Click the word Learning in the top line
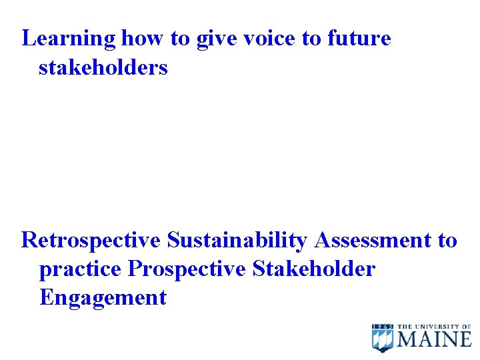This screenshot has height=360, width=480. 69,39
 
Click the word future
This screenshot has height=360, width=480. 359,39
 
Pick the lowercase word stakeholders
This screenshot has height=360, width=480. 103,67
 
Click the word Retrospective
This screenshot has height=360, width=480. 91,240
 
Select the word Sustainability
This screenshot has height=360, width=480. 237,240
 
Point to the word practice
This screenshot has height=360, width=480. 80,269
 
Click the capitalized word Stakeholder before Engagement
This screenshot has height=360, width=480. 314,269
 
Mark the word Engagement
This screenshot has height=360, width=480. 103,297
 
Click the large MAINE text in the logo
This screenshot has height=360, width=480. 434,339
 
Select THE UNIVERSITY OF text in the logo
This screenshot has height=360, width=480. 434,327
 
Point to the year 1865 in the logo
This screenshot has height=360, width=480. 383,326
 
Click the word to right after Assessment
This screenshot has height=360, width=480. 447,240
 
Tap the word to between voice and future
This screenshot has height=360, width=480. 311,39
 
